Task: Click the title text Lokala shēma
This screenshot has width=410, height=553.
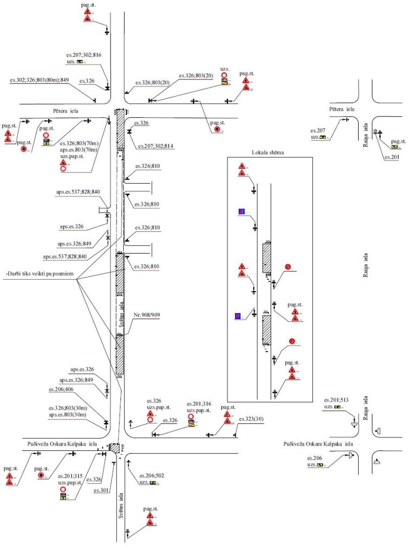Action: pos(268,152)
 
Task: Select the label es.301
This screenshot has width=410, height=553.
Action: pos(101,490)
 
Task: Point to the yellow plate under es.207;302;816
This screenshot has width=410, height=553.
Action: pos(80,62)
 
